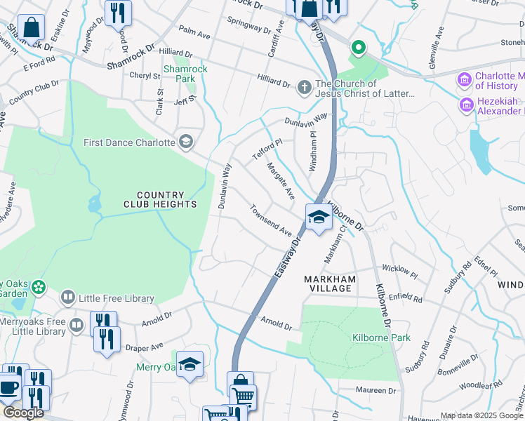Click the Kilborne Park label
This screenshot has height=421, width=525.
(x=380, y=338)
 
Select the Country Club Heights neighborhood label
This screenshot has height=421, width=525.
(x=160, y=199)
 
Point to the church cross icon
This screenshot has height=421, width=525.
(x=304, y=87)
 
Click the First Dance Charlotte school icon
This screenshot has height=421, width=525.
(x=185, y=142)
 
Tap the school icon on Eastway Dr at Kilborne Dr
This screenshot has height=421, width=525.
(x=318, y=217)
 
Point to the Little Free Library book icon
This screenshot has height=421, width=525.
(x=67, y=298)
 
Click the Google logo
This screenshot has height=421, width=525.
(x=23, y=413)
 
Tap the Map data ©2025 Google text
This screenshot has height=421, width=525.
(x=481, y=415)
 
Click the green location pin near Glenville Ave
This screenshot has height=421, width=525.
(x=358, y=48)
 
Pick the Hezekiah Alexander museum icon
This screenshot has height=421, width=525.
(x=466, y=105)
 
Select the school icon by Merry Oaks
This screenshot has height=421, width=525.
(x=189, y=363)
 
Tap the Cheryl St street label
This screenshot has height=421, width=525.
(x=140, y=76)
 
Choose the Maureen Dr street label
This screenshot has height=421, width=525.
(x=378, y=390)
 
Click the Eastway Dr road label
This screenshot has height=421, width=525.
(x=287, y=256)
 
